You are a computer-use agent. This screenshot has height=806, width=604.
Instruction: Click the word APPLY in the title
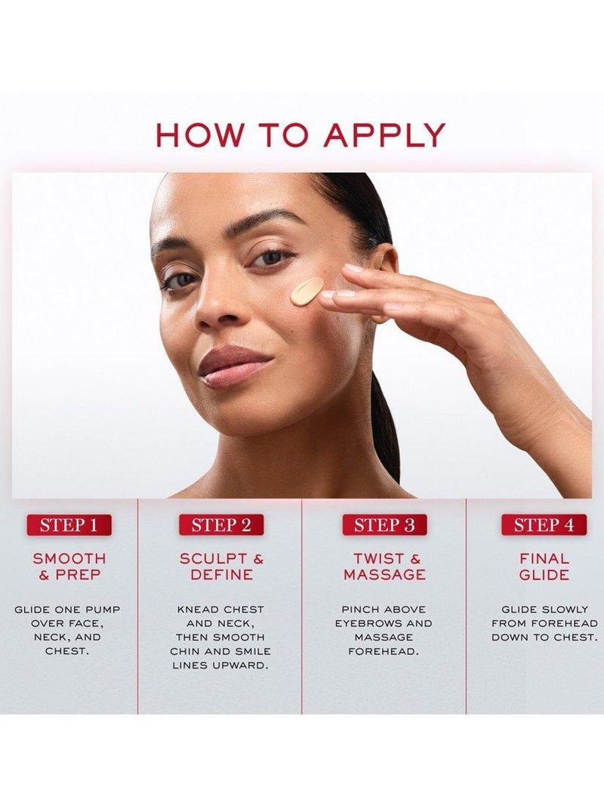coord(384,135)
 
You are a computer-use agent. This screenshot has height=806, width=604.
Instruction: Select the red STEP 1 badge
coord(69,525)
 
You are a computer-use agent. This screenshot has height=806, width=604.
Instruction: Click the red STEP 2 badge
coord(221,525)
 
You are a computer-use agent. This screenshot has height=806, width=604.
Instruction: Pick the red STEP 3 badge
coord(385,525)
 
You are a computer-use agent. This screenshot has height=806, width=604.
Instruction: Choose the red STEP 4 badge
coord(544,525)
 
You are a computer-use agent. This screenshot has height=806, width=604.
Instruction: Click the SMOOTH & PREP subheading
coord(69,566)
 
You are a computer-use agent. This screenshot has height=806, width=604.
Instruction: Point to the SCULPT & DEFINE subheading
coord(221,566)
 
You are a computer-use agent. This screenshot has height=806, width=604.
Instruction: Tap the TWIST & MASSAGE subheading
coord(385,566)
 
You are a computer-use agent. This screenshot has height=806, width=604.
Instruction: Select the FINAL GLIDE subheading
coord(544,566)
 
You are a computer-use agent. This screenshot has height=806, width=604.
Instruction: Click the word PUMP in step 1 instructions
coord(103,610)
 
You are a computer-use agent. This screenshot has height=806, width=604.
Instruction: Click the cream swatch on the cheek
coord(306,290)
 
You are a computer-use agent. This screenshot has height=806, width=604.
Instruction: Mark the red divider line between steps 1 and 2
coord(137,606)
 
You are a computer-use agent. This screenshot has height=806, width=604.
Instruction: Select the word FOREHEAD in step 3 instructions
coord(384,652)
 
